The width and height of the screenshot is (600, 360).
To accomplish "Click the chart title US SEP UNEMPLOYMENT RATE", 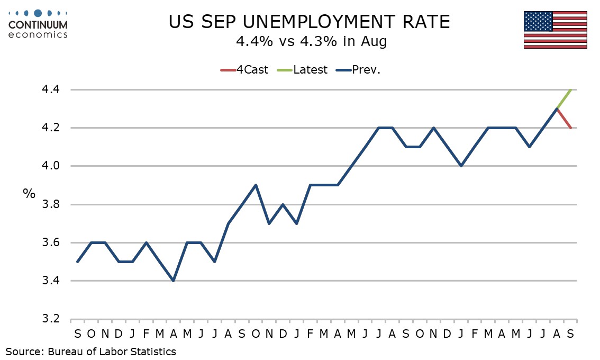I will click(309, 22).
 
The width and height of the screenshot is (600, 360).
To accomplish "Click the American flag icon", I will click(556, 30).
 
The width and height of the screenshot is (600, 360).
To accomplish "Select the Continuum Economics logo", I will click(38, 24).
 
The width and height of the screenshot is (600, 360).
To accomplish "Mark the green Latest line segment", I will click(563, 99).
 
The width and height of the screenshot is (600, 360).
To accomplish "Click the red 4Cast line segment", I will click(563, 119).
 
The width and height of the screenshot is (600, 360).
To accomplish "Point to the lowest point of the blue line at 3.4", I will click(173, 281).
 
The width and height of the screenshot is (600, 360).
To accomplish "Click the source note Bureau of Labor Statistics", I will click(112, 351).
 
